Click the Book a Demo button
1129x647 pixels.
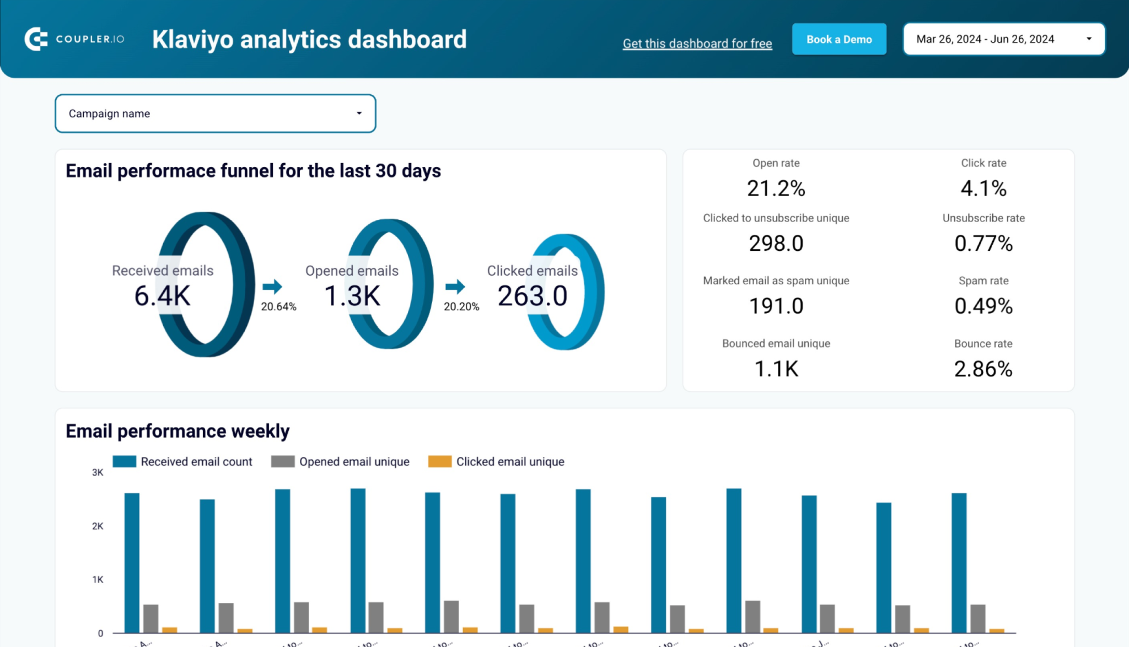click(x=838, y=39)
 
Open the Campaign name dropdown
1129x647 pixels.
click(x=215, y=114)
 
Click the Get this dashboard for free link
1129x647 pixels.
click(x=697, y=44)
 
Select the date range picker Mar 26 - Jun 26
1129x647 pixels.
click(x=1003, y=39)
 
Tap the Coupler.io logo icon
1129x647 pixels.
click(x=36, y=39)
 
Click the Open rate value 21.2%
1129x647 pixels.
click(x=776, y=188)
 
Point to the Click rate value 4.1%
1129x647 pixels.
click(x=983, y=188)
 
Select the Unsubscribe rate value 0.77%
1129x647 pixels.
click(x=983, y=244)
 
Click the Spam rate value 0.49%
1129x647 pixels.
click(x=983, y=306)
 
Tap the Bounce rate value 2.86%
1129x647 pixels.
click(x=983, y=369)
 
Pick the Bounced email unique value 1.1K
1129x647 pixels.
click(x=776, y=369)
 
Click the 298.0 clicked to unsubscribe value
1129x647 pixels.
click(x=776, y=244)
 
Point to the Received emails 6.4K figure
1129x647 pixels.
click(x=163, y=296)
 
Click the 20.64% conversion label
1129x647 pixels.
click(x=278, y=306)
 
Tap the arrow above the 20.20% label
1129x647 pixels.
click(x=455, y=287)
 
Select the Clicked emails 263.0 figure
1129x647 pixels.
click(x=532, y=296)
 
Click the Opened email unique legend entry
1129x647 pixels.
click(x=354, y=462)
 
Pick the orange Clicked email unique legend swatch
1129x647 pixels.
click(x=439, y=462)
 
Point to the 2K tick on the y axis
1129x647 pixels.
click(x=98, y=526)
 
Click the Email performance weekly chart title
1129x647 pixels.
click(x=178, y=431)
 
